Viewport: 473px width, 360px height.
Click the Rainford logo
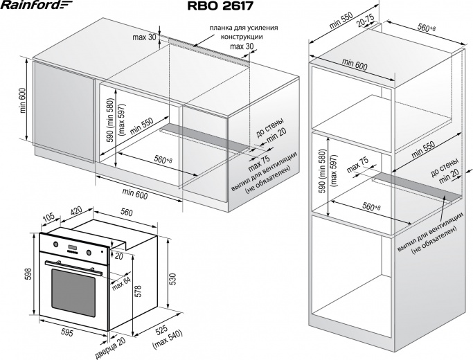tap(36, 5)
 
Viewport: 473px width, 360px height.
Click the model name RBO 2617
tap(220, 6)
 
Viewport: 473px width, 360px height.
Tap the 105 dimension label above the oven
tap(48, 217)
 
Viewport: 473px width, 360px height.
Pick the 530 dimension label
tap(172, 279)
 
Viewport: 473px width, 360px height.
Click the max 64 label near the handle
tap(121, 284)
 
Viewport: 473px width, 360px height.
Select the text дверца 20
tap(110, 348)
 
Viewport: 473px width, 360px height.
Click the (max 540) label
tap(168, 340)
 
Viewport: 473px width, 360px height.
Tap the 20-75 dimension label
tap(366, 20)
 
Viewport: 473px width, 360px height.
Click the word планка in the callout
tap(220, 28)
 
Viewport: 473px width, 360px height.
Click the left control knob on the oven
tap(56, 244)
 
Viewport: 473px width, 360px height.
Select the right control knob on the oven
tap(89, 252)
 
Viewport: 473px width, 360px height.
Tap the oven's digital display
tap(73, 248)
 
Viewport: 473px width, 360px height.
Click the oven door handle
tap(73, 268)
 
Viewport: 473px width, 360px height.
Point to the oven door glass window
tap(73, 292)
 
